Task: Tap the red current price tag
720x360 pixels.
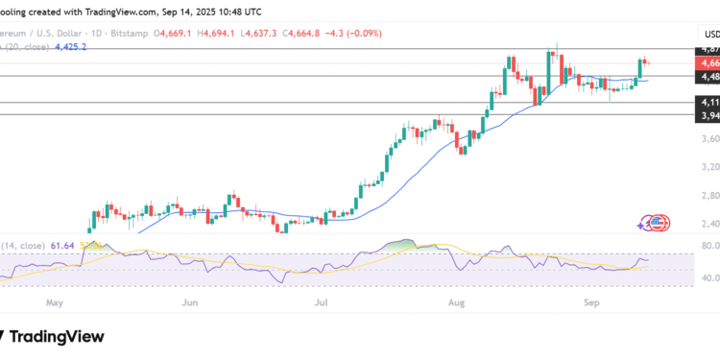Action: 708,63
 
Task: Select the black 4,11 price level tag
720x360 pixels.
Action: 708,102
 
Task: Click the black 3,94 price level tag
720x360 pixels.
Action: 708,116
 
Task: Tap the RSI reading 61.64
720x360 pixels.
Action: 64,246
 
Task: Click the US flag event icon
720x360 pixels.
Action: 658,224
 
